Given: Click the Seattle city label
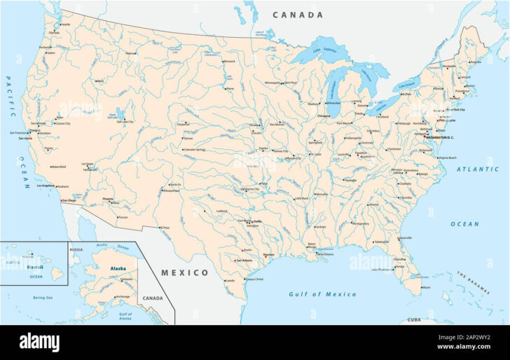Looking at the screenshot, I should (66, 25).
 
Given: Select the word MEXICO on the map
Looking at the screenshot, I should (185, 272).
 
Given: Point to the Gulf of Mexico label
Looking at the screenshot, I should (322, 294).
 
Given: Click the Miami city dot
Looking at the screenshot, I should (422, 286).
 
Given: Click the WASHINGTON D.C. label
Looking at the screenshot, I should (439, 137).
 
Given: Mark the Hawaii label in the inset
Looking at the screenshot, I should (35, 267).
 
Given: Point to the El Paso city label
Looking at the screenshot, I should (165, 228).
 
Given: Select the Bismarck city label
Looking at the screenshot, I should (230, 61).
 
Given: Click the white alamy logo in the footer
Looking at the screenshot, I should (39, 342).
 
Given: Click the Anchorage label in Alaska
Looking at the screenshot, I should (123, 296).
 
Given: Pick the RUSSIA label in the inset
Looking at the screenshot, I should (76, 249).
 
